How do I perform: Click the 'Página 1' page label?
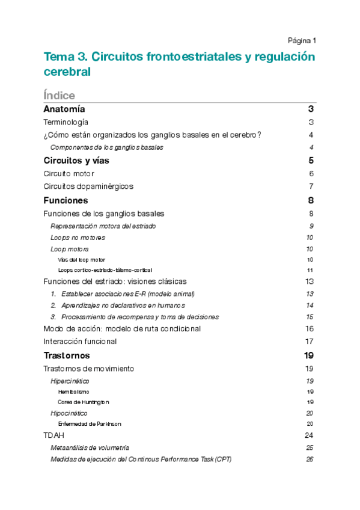302,41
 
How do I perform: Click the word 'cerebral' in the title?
67,72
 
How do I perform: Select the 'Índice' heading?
59,96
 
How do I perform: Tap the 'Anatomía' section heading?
64,109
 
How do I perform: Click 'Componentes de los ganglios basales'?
106,147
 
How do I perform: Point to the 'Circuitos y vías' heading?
76,161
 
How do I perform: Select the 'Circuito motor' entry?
69,173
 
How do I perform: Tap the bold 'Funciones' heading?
66,200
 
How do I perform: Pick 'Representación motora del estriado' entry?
103,226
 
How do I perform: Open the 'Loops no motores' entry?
78,238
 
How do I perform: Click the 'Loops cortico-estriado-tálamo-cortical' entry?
105,270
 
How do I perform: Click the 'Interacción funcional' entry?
80,341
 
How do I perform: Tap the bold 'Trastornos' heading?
67,355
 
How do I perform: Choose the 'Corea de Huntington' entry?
84,402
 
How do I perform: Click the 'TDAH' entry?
53,435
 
